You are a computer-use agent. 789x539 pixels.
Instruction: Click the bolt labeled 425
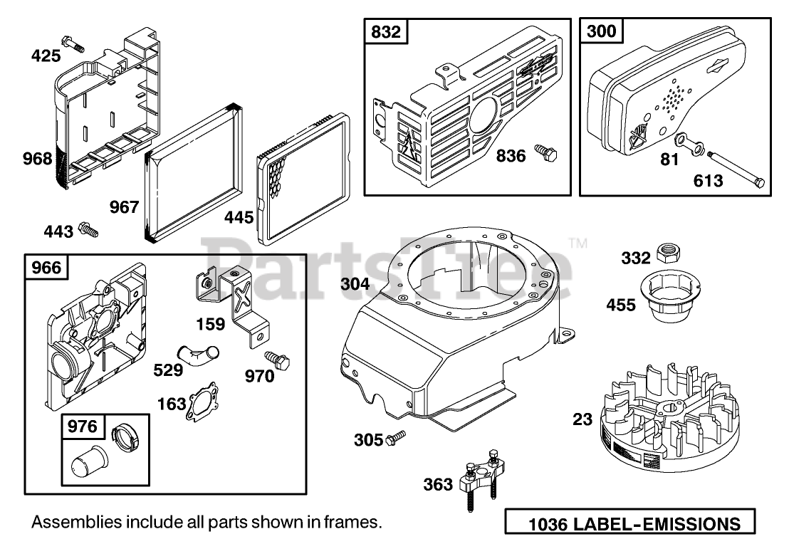[x=73, y=44]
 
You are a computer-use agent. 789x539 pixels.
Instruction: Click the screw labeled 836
[x=545, y=152]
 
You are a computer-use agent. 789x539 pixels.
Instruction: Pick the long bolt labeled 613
[x=736, y=169]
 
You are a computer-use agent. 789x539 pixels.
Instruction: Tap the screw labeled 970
[x=277, y=360]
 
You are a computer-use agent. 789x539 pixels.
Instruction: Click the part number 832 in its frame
[x=386, y=32]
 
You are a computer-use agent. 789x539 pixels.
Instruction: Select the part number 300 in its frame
[x=601, y=32]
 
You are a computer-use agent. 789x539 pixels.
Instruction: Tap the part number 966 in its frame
[x=46, y=267]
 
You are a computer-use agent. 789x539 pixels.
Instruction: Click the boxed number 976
[x=82, y=427]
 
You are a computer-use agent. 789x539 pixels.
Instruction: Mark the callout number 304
[x=355, y=284]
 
